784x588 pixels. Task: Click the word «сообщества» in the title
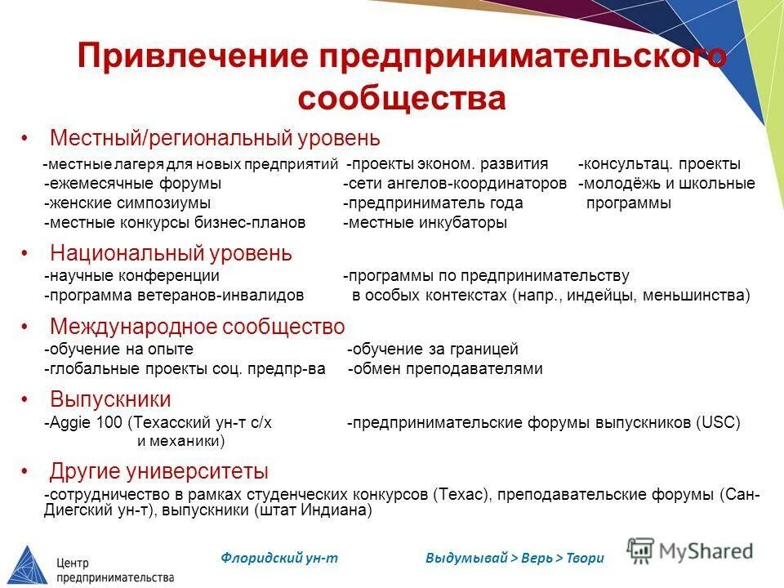pyautogui.click(x=402, y=98)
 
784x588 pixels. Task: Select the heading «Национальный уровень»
pyautogui.click(x=171, y=252)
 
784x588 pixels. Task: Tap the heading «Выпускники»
pyautogui.click(x=110, y=399)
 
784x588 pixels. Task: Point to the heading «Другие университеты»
pyautogui.click(x=158, y=471)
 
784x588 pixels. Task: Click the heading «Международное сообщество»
pyautogui.click(x=197, y=327)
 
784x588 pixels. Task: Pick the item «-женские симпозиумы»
pyautogui.click(x=127, y=203)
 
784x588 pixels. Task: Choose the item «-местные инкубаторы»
pyautogui.click(x=425, y=222)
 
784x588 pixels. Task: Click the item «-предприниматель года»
pyautogui.click(x=433, y=203)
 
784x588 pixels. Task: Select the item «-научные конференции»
pyautogui.click(x=131, y=276)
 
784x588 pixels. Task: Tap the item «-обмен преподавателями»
pyautogui.click(x=445, y=369)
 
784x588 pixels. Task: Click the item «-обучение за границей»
pyautogui.click(x=433, y=350)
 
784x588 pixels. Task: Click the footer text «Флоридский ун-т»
pyautogui.click(x=278, y=558)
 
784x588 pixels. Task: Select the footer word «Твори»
pyautogui.click(x=586, y=558)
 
